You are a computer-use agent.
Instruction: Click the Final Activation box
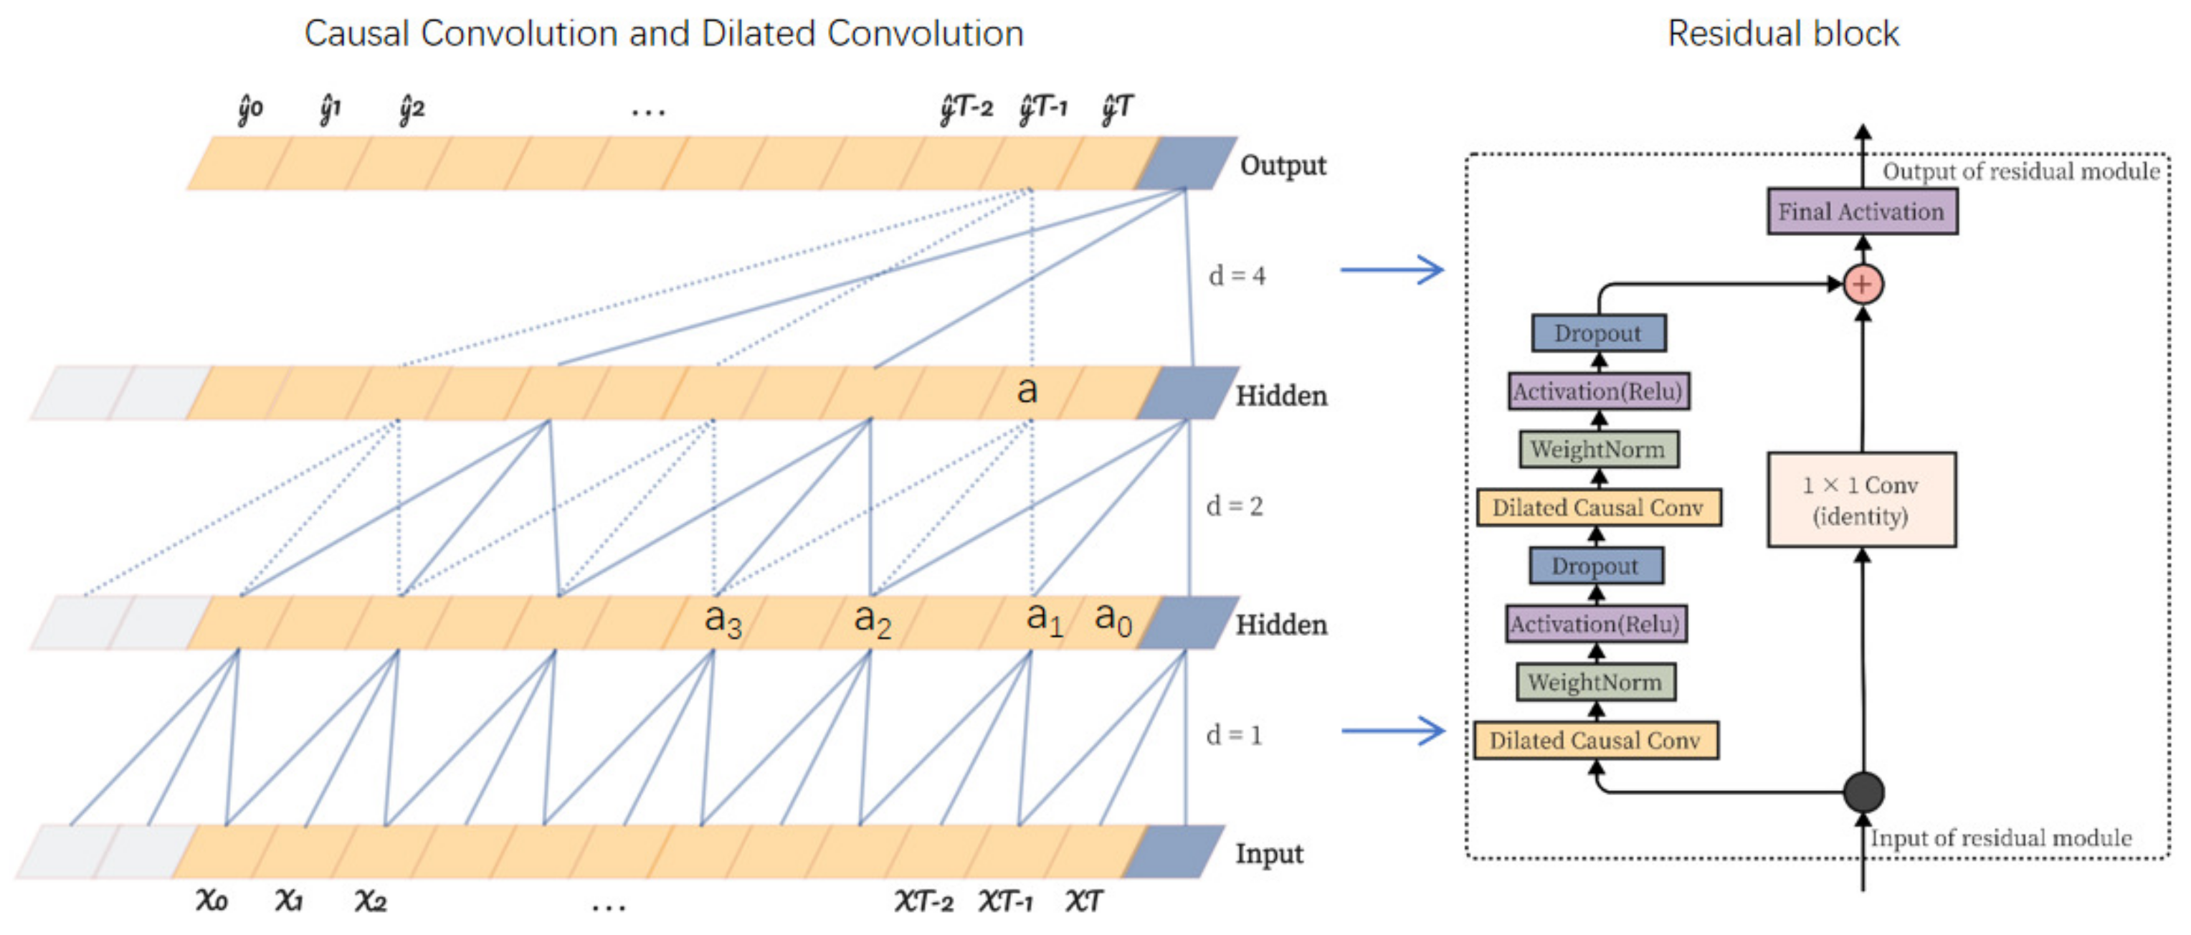click(1861, 211)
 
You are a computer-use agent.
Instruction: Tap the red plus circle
click(1863, 284)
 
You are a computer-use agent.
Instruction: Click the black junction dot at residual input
click(1863, 792)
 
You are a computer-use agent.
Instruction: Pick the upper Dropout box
click(1598, 333)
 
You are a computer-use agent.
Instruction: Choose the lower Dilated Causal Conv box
click(1596, 740)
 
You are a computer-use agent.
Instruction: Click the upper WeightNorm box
click(1598, 449)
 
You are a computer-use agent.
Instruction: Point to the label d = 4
click(1236, 275)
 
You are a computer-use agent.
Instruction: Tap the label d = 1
click(1233, 735)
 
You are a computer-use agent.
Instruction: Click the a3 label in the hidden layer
click(723, 620)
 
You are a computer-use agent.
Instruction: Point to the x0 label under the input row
click(212, 899)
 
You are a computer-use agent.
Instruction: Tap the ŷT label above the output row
click(1117, 108)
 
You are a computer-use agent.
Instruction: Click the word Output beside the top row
click(1283, 165)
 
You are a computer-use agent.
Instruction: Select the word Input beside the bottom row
click(1269, 853)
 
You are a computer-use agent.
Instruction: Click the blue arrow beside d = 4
click(1392, 270)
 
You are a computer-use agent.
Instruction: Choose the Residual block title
click(1783, 34)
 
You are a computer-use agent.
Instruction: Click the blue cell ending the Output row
click(1186, 163)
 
